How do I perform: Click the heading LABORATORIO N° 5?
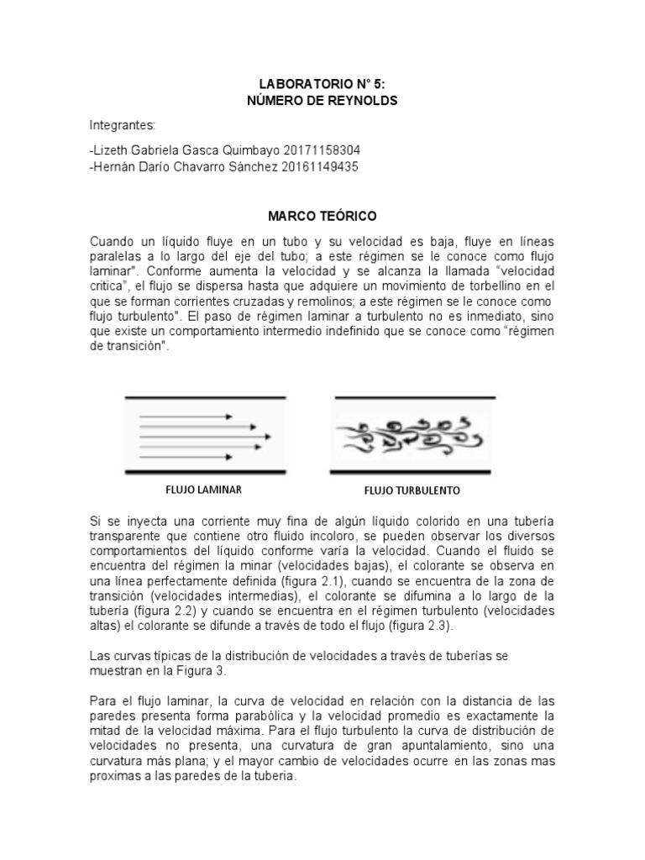322,85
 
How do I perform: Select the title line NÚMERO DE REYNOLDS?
322,101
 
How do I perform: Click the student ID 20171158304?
319,150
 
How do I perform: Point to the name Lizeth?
113,150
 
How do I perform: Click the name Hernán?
116,166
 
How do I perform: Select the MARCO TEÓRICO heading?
322,217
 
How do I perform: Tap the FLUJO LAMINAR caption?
197,488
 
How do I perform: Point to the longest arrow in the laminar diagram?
205,437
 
